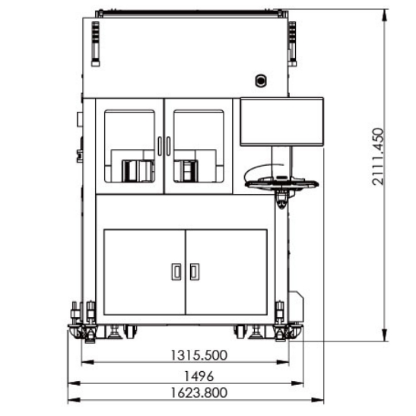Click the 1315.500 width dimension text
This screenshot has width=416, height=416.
(198, 355)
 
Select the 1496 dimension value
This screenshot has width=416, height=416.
(198, 376)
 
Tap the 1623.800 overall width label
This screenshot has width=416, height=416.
(198, 393)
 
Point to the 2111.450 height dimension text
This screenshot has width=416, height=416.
(378, 157)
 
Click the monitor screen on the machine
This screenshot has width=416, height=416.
(281, 122)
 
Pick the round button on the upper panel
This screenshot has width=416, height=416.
(261, 81)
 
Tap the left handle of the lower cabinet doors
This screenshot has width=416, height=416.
(176, 272)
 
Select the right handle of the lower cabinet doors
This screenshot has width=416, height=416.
(195, 272)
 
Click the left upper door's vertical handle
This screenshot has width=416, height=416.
(160, 146)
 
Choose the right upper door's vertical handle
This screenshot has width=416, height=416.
(169, 146)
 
